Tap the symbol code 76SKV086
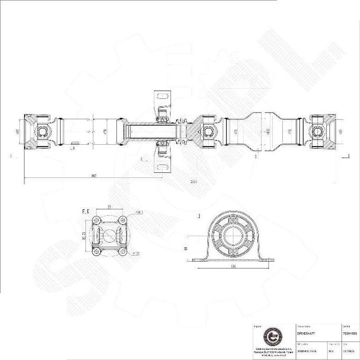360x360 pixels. [x=349, y=333]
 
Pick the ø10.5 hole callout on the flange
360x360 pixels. [x=138, y=213]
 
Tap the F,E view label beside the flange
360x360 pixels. [x=85, y=211]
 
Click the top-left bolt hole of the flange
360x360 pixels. [x=96, y=220]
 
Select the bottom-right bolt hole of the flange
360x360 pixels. [x=122, y=251]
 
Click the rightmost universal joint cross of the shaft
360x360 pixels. [x=318, y=132]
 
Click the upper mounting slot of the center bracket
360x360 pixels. [x=162, y=97]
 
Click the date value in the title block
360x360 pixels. [x=348, y=351]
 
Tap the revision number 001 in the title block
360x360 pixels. [x=331, y=351]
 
